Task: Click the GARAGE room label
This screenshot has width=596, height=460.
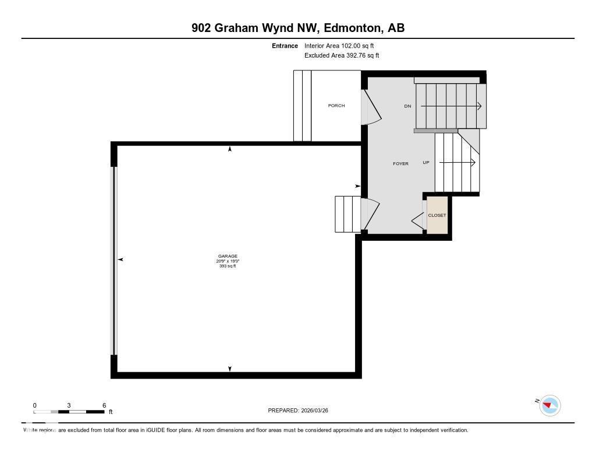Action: tap(228, 256)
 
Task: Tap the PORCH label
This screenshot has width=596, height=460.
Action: tap(336, 106)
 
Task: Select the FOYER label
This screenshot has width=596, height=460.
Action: tap(400, 163)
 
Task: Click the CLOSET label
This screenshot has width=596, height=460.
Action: tap(437, 215)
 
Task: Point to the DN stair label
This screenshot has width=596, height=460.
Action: tap(407, 106)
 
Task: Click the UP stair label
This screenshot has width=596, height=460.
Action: tap(426, 163)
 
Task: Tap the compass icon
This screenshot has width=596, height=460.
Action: tap(550, 405)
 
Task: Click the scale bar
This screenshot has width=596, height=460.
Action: tap(69, 412)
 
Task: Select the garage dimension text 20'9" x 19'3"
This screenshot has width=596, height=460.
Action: tap(228, 261)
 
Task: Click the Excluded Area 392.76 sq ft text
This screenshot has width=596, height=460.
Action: tap(342, 55)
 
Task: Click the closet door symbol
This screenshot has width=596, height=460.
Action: tap(418, 220)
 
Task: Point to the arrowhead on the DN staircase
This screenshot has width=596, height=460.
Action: tap(479, 106)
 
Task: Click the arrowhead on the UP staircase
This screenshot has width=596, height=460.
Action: tap(474, 163)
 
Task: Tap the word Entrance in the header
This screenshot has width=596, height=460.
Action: tap(285, 45)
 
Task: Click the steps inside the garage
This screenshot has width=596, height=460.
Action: tap(347, 213)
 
